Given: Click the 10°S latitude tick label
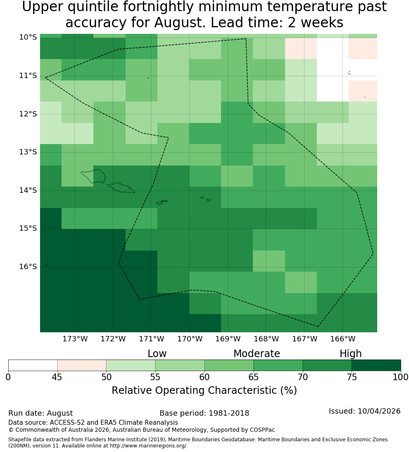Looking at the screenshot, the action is tap(28, 37).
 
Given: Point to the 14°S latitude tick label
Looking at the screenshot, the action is tap(28, 190).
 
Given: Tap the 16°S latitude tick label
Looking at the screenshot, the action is tap(28, 267).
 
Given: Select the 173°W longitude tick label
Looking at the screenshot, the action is tap(75, 339).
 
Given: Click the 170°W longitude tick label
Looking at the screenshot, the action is tap(190, 339).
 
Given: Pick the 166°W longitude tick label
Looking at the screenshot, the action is tap(342, 339).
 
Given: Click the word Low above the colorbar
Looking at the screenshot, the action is tap(157, 354).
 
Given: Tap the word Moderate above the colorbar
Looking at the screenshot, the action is tap(257, 354).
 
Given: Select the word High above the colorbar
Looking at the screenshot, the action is tap(350, 354).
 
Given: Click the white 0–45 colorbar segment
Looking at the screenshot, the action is tap(33, 365).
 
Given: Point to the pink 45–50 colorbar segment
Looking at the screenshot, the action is tap(82, 365).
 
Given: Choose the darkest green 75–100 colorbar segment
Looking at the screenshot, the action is tap(376, 365).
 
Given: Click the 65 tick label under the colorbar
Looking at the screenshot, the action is tap(254, 377).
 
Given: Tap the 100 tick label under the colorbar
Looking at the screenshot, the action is tap(401, 377).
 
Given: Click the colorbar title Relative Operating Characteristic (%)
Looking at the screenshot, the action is tap(204, 390).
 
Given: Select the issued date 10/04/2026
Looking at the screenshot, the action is tap(379, 411).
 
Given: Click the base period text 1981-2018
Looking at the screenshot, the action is tap(229, 413).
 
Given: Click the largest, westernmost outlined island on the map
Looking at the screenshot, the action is tap(93, 176).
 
